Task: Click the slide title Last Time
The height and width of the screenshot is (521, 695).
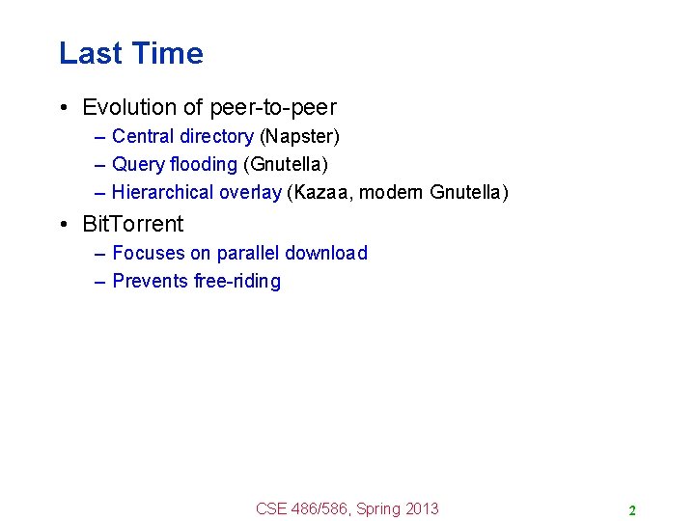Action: click(130, 53)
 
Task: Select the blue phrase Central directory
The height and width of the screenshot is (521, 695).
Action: click(182, 137)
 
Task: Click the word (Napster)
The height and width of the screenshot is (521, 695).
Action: click(299, 137)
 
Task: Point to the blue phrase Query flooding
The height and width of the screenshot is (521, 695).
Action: click(175, 165)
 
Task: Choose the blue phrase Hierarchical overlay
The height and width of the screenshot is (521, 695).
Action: click(197, 192)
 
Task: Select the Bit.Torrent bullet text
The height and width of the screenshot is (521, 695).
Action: click(132, 224)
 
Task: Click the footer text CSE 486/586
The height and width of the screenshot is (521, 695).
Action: click(302, 508)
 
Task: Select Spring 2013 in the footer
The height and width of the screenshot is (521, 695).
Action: click(397, 508)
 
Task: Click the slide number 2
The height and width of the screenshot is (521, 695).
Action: click(631, 510)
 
